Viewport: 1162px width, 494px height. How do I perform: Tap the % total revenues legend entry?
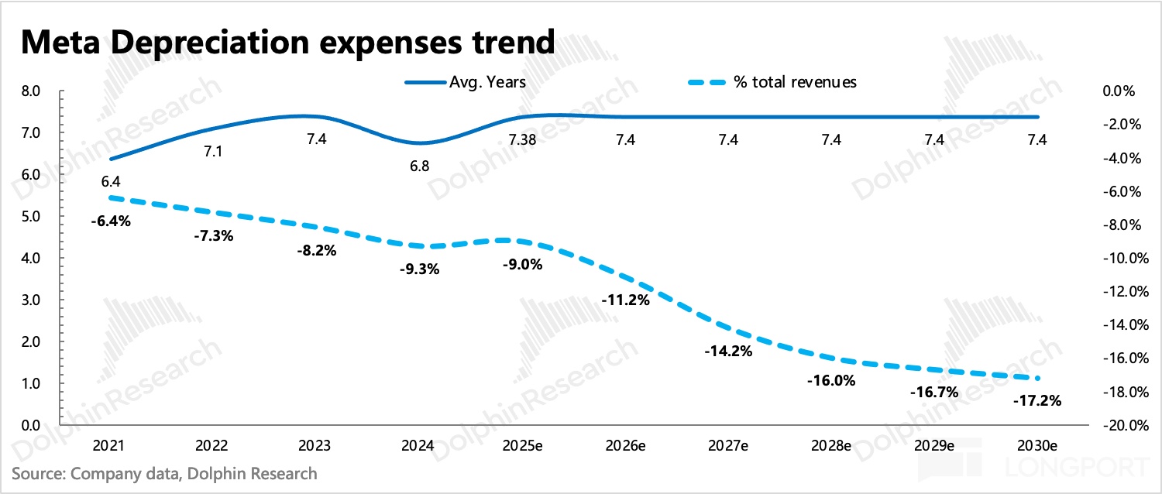click(795, 82)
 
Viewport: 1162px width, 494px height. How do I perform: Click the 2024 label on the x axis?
click(419, 447)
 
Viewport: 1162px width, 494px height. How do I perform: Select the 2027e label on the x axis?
click(728, 447)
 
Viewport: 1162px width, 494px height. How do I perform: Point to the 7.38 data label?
click(522, 140)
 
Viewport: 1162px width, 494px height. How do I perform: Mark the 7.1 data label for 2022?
click(213, 152)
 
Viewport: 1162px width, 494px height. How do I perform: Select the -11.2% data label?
click(625, 300)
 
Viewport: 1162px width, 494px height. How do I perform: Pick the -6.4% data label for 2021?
click(109, 221)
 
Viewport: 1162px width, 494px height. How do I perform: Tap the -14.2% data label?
click(728, 351)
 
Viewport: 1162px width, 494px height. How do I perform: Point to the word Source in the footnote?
click(38, 472)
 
